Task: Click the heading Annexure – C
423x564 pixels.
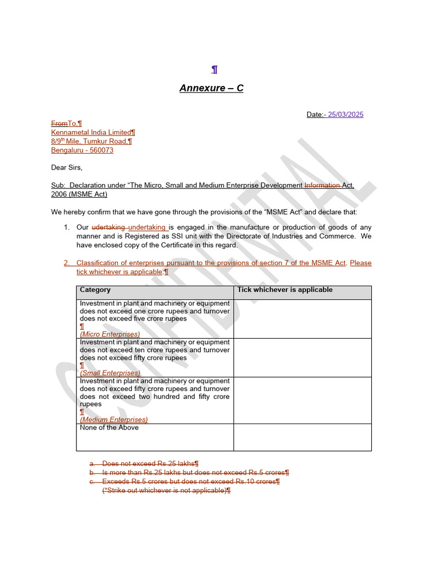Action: (x=211, y=88)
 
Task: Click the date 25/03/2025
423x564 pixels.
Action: (x=345, y=115)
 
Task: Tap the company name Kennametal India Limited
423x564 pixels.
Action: (x=91, y=132)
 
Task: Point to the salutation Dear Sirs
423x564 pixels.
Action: (x=67, y=167)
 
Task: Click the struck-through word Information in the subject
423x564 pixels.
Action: (x=322, y=186)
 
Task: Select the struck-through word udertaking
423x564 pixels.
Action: (x=109, y=227)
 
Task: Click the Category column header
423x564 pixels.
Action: (x=95, y=290)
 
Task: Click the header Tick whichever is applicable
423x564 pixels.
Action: (x=285, y=290)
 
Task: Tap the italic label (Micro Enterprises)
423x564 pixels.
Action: (x=110, y=334)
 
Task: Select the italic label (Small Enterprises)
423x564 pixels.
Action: (x=110, y=373)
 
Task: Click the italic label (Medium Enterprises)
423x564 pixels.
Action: (x=113, y=419)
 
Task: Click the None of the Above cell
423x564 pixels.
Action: (x=109, y=427)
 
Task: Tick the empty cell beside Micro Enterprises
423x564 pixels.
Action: (x=302, y=319)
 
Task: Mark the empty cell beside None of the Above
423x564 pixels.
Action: (x=302, y=437)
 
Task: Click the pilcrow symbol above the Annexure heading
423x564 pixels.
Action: (x=214, y=69)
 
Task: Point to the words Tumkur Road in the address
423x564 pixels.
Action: (x=105, y=141)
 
